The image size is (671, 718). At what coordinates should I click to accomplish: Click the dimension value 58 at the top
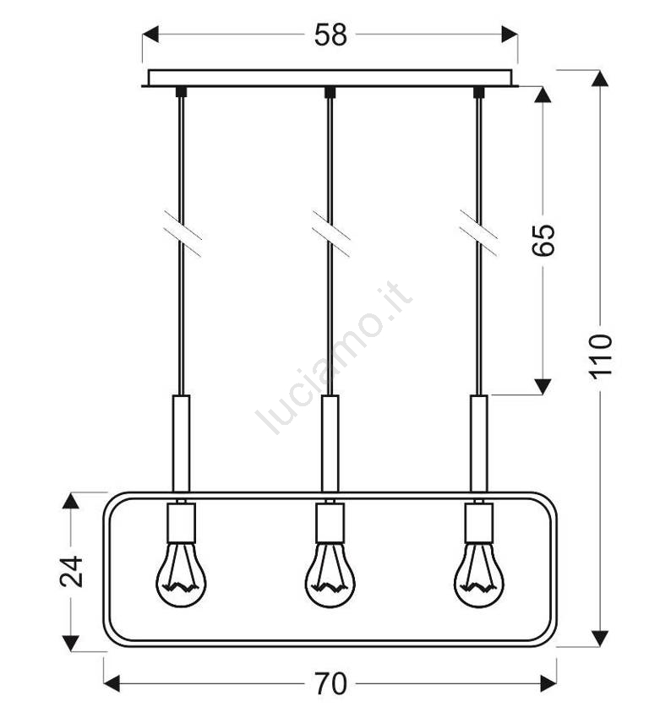pos(330,35)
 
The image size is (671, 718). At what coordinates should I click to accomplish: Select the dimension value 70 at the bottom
pos(330,683)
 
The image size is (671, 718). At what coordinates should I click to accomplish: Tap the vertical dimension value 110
pos(600,356)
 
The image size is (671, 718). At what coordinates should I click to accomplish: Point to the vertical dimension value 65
pos(543,240)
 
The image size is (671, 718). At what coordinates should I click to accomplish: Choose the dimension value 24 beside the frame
pos(72,572)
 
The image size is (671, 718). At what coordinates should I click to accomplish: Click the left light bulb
pos(181,575)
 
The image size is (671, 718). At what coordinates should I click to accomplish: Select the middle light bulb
pos(330,575)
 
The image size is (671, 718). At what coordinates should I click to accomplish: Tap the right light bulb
pos(478,575)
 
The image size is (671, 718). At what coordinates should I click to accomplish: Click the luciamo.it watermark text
pos(335,357)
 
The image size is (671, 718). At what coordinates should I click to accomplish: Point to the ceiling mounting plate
pos(330,79)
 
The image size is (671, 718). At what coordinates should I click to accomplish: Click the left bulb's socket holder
pos(182,523)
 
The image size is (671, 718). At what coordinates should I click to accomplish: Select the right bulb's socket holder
pos(478,523)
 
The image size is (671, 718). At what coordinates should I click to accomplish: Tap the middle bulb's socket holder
pos(330,523)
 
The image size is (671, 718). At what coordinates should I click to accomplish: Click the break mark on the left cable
pos(183,234)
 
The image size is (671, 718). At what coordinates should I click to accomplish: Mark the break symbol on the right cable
pos(478,234)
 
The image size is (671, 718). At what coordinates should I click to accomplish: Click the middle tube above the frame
pos(330,443)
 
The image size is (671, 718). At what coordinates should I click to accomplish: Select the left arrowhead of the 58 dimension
pos(150,35)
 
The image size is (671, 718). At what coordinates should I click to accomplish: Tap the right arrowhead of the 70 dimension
pos(548,683)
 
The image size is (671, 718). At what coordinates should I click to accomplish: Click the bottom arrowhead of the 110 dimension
pos(600,639)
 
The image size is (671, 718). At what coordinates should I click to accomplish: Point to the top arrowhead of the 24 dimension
pos(71,501)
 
